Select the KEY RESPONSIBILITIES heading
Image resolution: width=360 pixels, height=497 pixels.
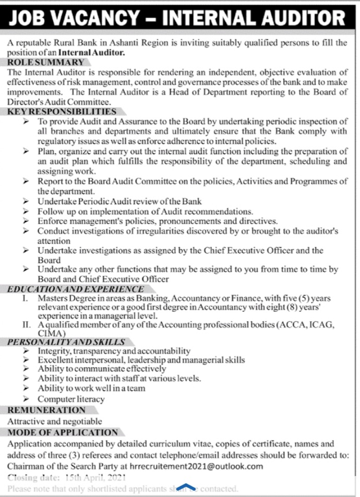click(62, 111)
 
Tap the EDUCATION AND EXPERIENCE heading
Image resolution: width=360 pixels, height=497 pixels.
click(76, 288)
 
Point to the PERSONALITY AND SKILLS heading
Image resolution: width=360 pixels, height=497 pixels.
click(67, 342)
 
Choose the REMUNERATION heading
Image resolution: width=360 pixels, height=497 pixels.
click(46, 410)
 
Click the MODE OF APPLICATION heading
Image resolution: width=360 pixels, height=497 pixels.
click(63, 432)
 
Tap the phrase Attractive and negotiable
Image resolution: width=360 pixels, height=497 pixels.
click(55, 421)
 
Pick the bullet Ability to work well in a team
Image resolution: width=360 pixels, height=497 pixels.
click(91, 389)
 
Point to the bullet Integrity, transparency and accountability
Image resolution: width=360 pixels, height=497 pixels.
click(114, 351)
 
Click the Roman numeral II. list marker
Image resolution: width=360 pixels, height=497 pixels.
click(27, 324)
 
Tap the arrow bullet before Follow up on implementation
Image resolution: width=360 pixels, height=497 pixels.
click(26, 212)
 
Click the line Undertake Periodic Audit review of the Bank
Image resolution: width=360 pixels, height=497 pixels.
click(119, 201)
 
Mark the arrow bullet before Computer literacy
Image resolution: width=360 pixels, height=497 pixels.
click(26, 399)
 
